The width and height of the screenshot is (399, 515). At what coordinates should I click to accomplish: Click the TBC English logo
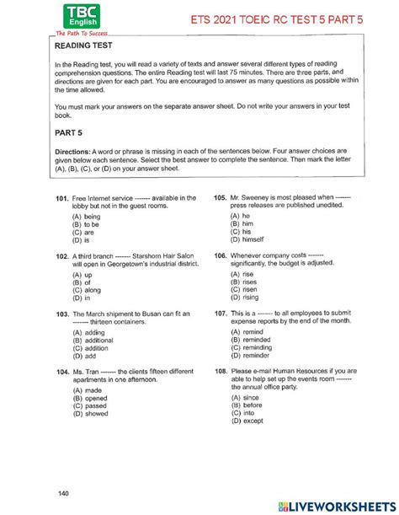click(x=75, y=17)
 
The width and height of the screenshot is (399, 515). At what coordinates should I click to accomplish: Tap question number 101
click(x=61, y=198)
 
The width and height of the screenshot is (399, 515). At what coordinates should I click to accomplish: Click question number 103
click(x=61, y=314)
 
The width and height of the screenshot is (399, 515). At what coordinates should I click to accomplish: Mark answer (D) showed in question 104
click(x=90, y=413)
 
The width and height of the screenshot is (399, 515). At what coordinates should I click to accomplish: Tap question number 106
click(x=221, y=255)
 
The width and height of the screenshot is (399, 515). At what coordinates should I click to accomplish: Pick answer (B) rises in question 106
click(x=244, y=282)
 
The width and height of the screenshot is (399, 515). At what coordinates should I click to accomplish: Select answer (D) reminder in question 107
click(x=250, y=355)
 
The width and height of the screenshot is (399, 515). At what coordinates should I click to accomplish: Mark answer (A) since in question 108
click(x=245, y=396)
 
